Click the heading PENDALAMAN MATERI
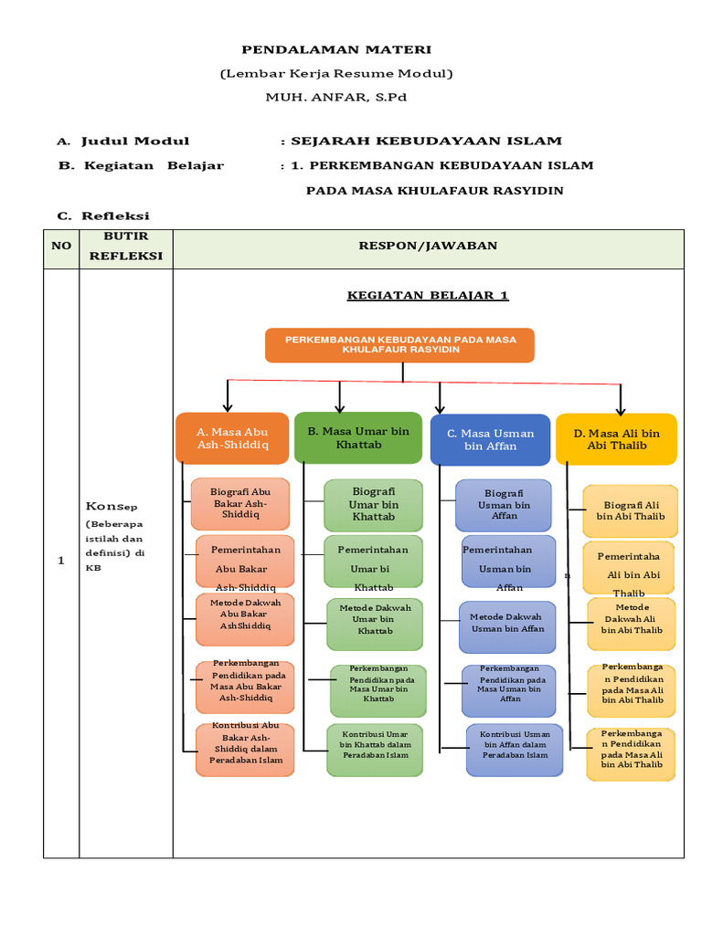tap(335, 49)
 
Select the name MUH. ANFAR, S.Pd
tap(335, 97)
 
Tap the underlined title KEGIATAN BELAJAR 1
tap(427, 295)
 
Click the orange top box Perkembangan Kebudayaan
tap(399, 345)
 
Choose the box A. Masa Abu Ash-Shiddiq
tap(232, 438)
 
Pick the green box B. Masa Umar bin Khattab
tap(358, 437)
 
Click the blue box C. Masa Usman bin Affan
tap(490, 439)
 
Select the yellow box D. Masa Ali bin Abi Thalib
tap(616, 439)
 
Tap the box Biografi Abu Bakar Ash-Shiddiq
tap(240, 504)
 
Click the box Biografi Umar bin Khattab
tap(373, 505)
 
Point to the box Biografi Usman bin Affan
tap(504, 505)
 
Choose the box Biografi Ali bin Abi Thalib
tap(631, 510)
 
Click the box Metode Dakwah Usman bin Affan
tap(507, 626)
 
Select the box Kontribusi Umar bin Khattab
tap(375, 750)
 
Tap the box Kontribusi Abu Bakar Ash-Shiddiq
tap(245, 750)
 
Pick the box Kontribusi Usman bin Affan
tap(515, 750)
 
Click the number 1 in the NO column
tap(61, 561)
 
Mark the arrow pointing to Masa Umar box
tap(339, 398)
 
